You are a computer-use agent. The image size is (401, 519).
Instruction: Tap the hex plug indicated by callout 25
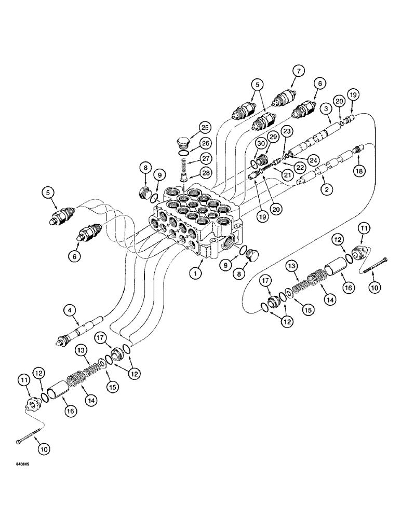point(182,142)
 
